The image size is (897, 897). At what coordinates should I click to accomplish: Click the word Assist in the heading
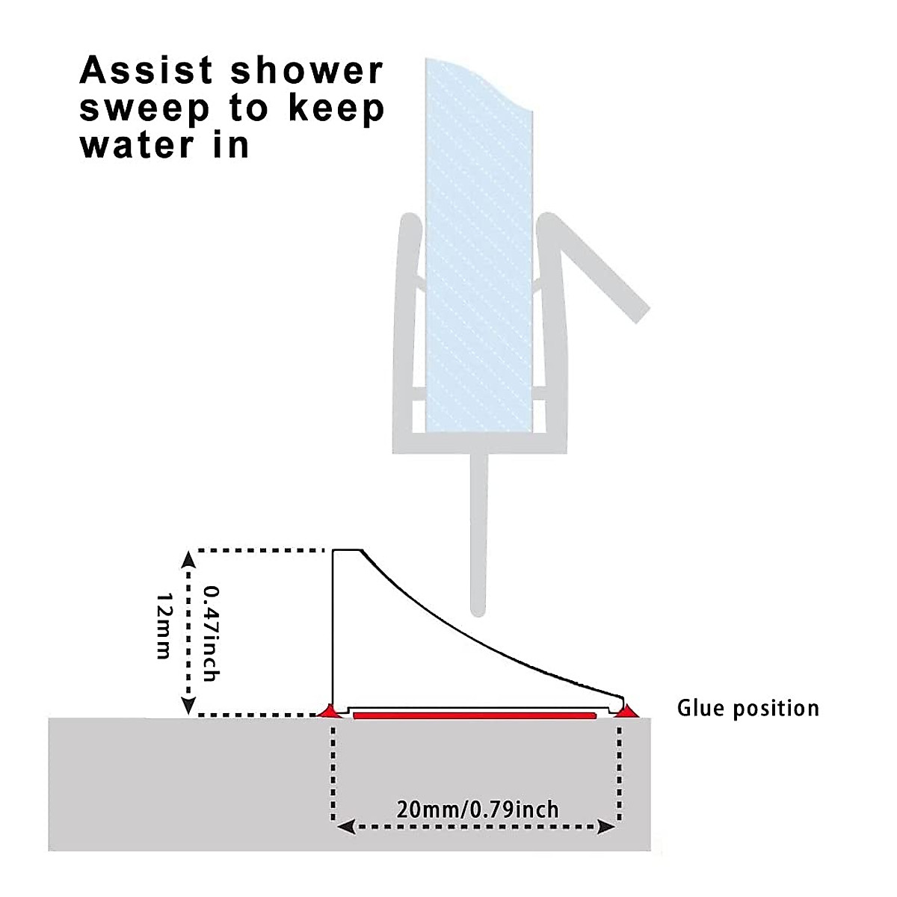coord(147,71)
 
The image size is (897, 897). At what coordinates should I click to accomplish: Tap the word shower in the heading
coord(306,71)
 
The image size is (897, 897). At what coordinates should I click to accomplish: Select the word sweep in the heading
coord(145,109)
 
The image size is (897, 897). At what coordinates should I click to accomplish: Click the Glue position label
coord(747,708)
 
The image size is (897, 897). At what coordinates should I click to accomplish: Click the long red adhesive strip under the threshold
coord(475,715)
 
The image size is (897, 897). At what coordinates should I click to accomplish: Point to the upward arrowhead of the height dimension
coord(189,557)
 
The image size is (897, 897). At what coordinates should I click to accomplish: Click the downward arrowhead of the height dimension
coord(189,706)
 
